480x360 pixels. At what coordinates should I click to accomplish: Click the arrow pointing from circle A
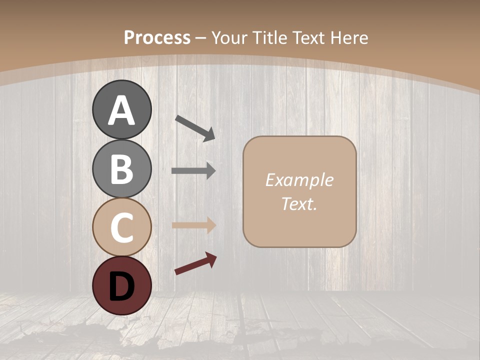pos(195,127)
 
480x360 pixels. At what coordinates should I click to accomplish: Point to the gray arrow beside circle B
pos(193,171)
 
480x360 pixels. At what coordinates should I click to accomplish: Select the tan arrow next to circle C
pos(193,225)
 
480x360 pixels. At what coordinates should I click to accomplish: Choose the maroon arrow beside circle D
pos(195,263)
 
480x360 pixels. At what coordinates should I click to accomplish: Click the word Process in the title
pos(157,37)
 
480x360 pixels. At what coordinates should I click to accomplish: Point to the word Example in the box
pos(299,180)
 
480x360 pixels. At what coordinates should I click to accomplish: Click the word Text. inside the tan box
pos(299,203)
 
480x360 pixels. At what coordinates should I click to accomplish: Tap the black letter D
pos(121,286)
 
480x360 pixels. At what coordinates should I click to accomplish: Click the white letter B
pos(121,169)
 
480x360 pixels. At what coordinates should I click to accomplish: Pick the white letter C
pos(121,227)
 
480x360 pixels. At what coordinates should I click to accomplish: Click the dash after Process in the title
pos(201,38)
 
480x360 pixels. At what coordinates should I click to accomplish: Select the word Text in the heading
pos(308,37)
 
